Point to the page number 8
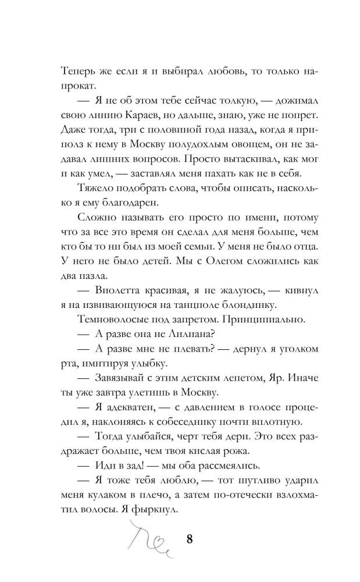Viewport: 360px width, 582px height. point(190,539)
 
